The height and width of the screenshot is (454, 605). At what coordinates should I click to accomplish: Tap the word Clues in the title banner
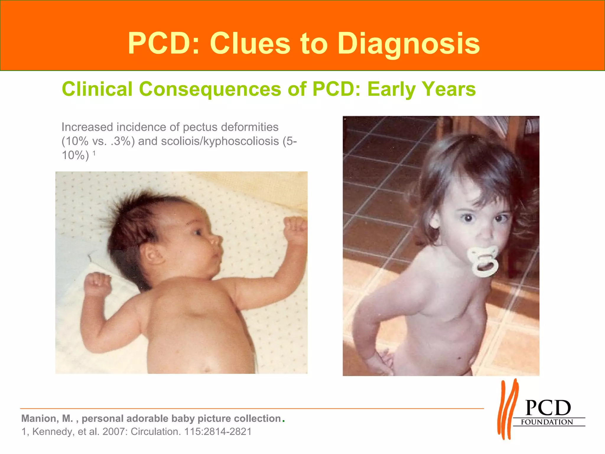pyautogui.click(x=250, y=44)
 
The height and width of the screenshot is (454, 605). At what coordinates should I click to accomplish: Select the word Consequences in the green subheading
pyautogui.click(x=210, y=89)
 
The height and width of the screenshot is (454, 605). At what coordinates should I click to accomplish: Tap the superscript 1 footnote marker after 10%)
pyautogui.click(x=94, y=153)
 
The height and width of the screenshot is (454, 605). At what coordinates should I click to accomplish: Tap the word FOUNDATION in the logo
pyautogui.click(x=547, y=422)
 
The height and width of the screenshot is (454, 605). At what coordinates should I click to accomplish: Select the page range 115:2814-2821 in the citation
pyautogui.click(x=218, y=432)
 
